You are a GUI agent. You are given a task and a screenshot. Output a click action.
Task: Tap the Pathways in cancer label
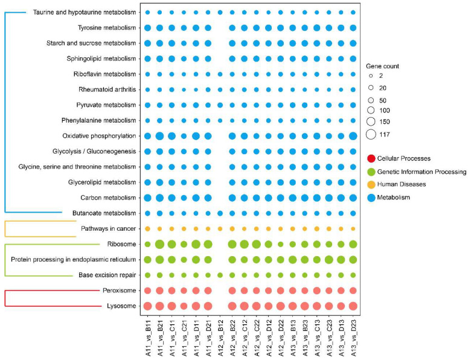106,229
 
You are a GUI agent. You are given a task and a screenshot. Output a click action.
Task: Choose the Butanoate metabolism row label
101,213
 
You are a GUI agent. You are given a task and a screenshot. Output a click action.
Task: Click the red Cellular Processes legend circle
371,159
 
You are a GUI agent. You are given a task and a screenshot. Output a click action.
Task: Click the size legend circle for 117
371,134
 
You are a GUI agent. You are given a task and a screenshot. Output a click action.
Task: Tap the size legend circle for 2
371,77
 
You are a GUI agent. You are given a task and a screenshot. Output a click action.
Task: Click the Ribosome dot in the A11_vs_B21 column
159,244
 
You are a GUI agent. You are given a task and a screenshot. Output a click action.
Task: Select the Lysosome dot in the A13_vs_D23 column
353,306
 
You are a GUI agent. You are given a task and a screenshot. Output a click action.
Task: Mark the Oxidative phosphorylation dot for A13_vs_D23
353,136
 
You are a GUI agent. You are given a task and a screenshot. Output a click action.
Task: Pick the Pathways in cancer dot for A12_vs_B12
220,229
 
